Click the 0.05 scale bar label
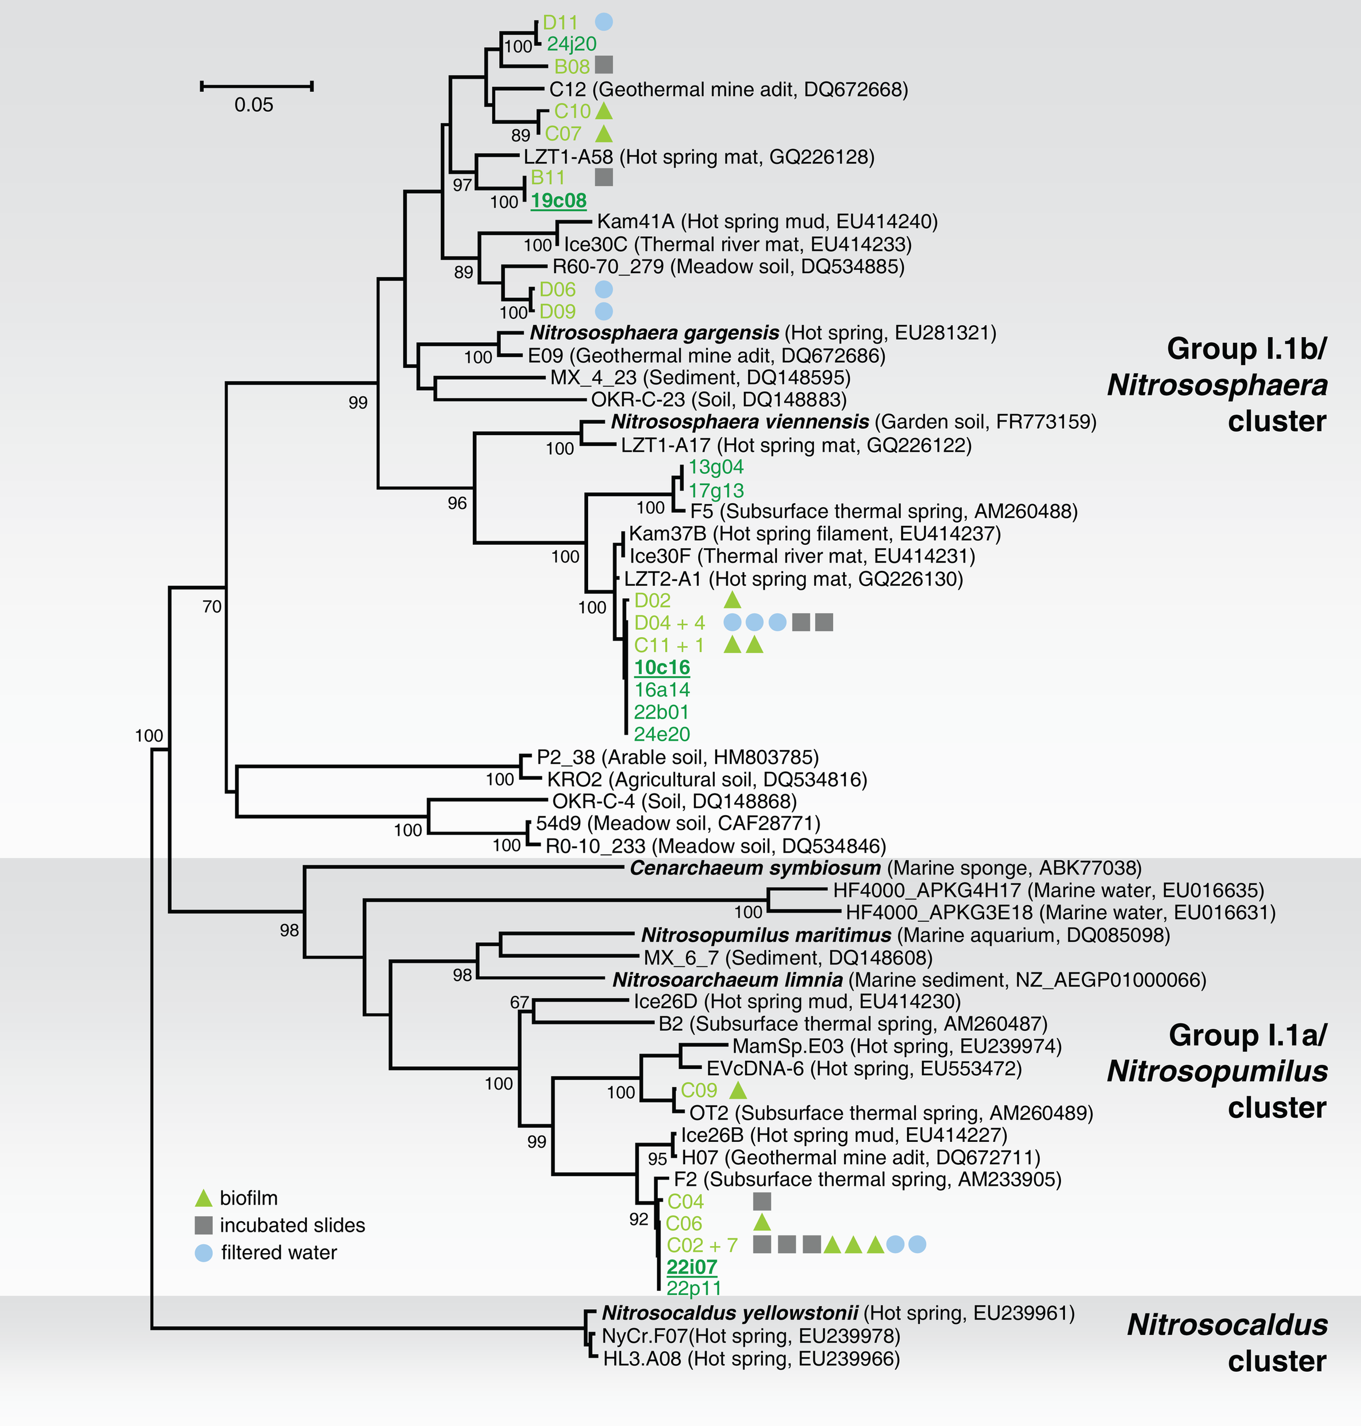pyautogui.click(x=253, y=105)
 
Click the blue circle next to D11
pyautogui.click(x=603, y=22)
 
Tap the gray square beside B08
pyautogui.click(x=603, y=65)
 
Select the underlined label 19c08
pyautogui.click(x=558, y=201)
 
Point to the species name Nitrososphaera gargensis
pyautogui.click(x=654, y=333)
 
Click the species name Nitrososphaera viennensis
pyautogui.click(x=739, y=422)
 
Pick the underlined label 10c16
pyautogui.click(x=662, y=667)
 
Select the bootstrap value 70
pyautogui.click(x=212, y=606)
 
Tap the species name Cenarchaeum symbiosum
pyautogui.click(x=755, y=868)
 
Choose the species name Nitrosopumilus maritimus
pyautogui.click(x=765, y=935)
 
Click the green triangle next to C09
pyautogui.click(x=737, y=1090)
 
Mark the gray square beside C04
pyautogui.click(x=761, y=1202)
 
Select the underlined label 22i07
pyautogui.click(x=691, y=1267)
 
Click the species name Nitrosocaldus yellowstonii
pyautogui.click(x=730, y=1313)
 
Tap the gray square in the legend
pyautogui.click(x=204, y=1225)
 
